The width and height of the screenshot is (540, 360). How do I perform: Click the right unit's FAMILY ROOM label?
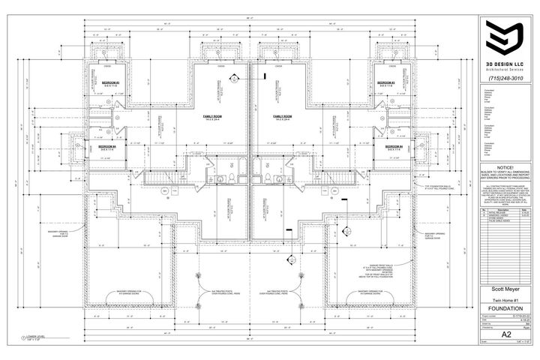point(283,118)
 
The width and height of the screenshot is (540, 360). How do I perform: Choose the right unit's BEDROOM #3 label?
point(386,82)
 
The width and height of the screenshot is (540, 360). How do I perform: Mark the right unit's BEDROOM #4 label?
point(386,146)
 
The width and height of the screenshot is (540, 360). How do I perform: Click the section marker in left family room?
point(234,77)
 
